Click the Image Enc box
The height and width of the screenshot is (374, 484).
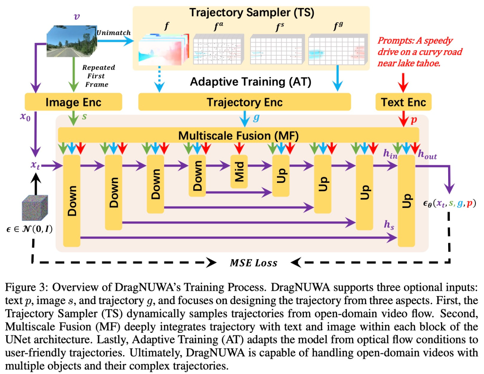tap(73, 102)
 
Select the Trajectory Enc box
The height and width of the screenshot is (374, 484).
tap(245, 102)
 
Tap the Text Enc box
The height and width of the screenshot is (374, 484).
tap(403, 102)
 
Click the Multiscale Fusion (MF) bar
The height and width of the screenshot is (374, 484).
tap(238, 135)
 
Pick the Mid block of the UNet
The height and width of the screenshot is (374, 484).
tap(239, 172)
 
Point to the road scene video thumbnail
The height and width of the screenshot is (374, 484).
tap(72, 41)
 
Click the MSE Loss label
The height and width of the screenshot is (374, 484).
tap(254, 262)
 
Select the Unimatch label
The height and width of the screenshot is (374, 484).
tap(113, 33)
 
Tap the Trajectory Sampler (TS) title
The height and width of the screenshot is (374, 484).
tap(251, 13)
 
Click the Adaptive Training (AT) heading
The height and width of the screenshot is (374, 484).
tap(251, 82)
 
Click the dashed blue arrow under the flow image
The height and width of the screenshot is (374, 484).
tap(159, 79)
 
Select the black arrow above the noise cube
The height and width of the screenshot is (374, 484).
tap(36, 184)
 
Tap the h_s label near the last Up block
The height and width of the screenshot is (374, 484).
tap(389, 225)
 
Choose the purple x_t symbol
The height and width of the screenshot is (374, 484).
tap(35, 165)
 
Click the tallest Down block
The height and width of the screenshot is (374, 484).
tap(72, 201)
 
